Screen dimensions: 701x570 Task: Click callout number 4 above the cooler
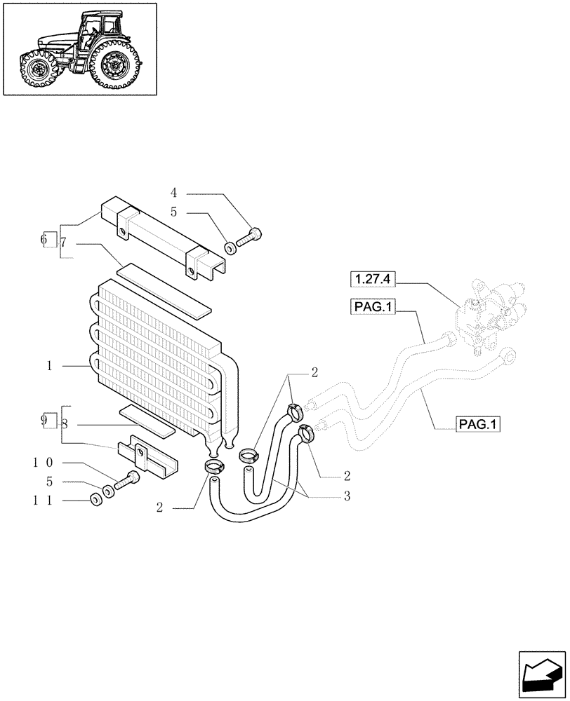[x=173, y=191]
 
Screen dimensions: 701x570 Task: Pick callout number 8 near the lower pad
[x=64, y=424]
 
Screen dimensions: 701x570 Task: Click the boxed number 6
[x=48, y=240]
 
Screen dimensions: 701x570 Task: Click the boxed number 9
[x=47, y=421]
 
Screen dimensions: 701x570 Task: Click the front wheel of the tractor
[x=37, y=69]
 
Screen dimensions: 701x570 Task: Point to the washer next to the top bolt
[x=230, y=247]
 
